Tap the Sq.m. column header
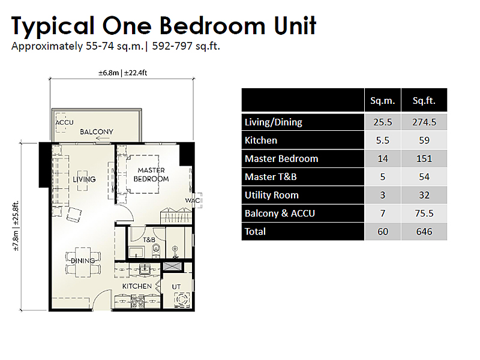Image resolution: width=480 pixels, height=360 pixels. click(x=382, y=101)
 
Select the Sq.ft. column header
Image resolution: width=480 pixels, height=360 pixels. click(x=424, y=101)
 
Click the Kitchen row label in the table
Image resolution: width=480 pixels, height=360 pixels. click(x=261, y=140)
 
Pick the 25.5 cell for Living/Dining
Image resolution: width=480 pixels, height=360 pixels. click(x=383, y=122)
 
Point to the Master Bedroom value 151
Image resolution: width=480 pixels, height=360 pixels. click(x=424, y=158)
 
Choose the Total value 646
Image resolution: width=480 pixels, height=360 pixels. click(x=424, y=232)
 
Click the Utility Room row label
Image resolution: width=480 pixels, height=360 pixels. click(x=272, y=195)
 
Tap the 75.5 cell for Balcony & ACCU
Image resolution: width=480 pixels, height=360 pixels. click(x=424, y=213)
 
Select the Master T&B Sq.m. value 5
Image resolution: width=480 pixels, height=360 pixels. click(x=383, y=177)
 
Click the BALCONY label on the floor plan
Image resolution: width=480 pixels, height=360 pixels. click(x=97, y=132)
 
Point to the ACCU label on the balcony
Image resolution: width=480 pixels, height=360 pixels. click(x=65, y=122)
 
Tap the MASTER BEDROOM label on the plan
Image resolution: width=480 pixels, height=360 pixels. click(x=151, y=175)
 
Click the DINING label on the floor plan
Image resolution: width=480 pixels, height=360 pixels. click(x=83, y=261)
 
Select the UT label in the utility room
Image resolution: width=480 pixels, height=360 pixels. click(x=176, y=287)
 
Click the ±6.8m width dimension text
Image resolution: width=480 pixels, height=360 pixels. click(x=109, y=73)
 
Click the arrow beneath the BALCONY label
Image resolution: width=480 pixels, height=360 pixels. click(x=103, y=139)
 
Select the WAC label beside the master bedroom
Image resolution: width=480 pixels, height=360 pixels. click(x=193, y=200)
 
